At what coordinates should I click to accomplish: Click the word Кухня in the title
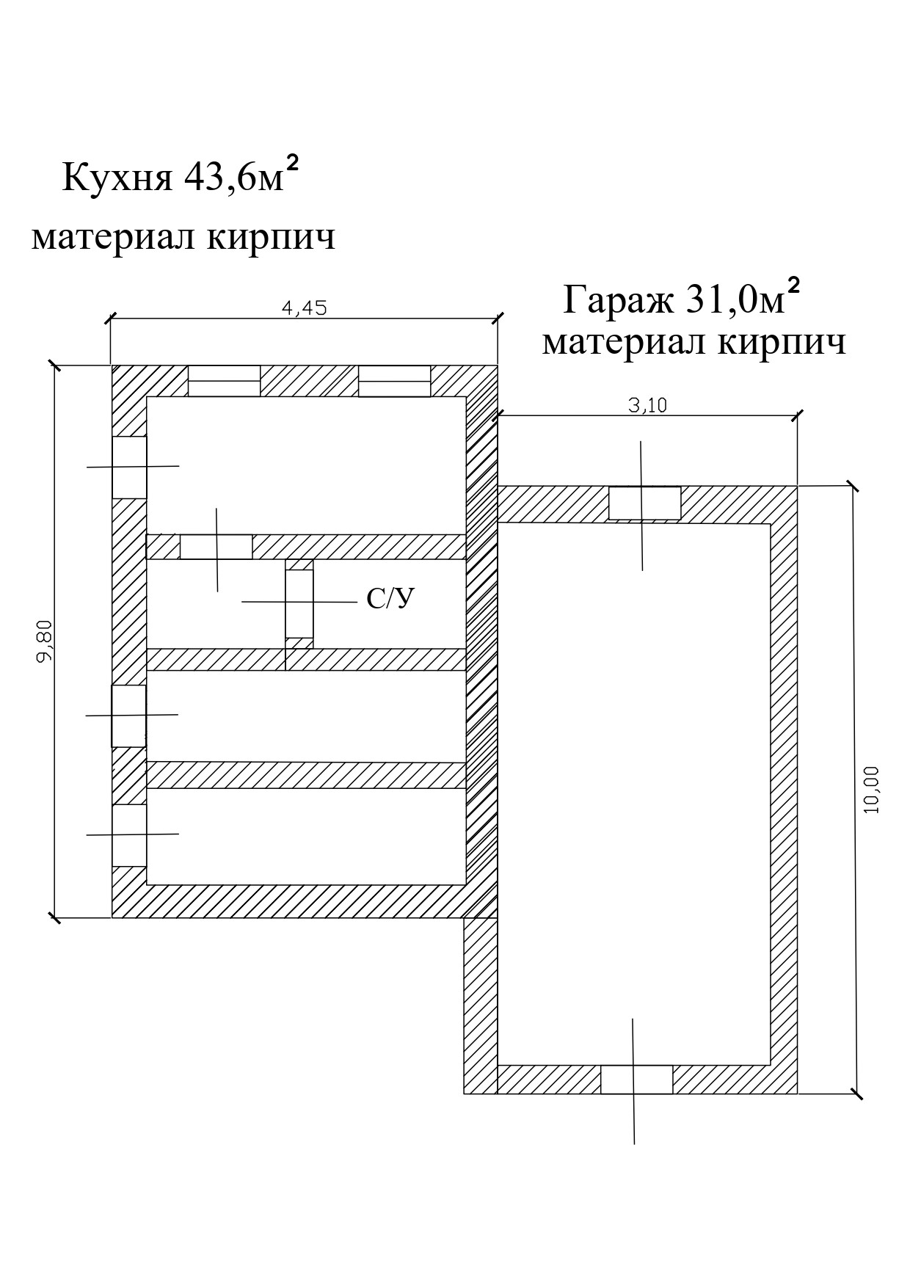[117, 178]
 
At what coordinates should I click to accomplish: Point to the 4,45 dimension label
[304, 308]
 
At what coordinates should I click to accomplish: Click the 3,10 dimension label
[648, 405]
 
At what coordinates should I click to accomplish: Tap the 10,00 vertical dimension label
[870, 789]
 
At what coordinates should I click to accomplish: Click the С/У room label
[390, 600]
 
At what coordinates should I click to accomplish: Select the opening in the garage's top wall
[645, 503]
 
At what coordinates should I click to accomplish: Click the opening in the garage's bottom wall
[636, 1080]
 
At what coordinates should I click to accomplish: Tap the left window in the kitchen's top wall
[225, 381]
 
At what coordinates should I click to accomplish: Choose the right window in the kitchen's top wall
[394, 381]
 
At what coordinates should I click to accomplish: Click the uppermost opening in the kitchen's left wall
[129, 467]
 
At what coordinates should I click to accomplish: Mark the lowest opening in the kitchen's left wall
[129, 835]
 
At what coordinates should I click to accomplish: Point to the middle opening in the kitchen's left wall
[128, 716]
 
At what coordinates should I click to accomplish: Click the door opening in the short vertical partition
[299, 603]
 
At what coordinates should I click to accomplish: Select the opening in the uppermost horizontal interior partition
[216, 547]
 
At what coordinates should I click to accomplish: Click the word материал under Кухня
[112, 238]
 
